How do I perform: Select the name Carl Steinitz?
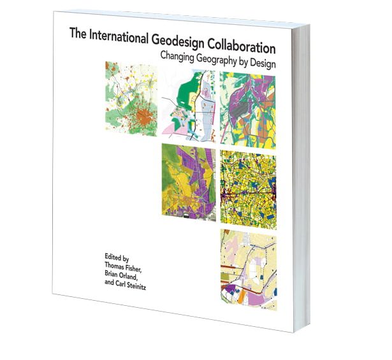(108, 286)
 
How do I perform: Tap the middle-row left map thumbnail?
(188, 181)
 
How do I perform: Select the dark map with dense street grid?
(247, 185)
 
